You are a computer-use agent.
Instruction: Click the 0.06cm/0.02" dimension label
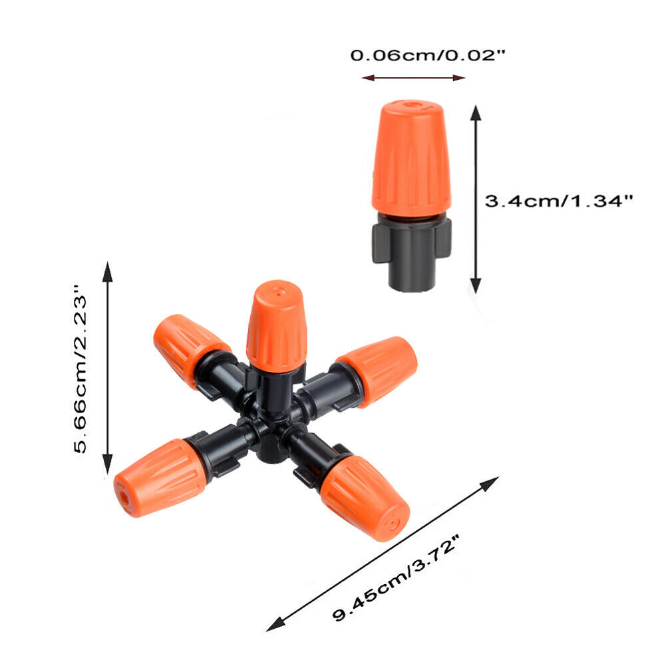428,56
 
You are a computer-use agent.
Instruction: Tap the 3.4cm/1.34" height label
558,200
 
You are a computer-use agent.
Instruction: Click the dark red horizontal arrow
413,78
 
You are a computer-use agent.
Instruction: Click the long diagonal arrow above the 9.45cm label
383,553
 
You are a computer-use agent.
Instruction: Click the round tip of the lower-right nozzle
393,525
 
